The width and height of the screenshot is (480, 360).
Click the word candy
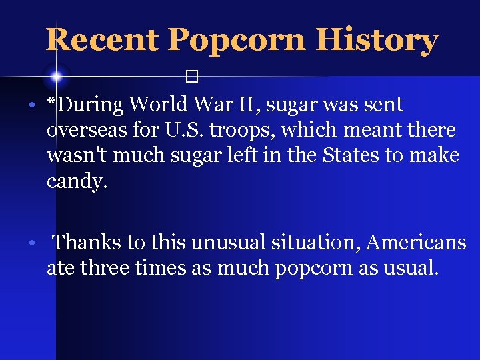tap(76, 181)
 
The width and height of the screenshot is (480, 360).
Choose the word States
tap(352, 155)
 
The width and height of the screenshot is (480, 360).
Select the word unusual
tap(228, 242)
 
